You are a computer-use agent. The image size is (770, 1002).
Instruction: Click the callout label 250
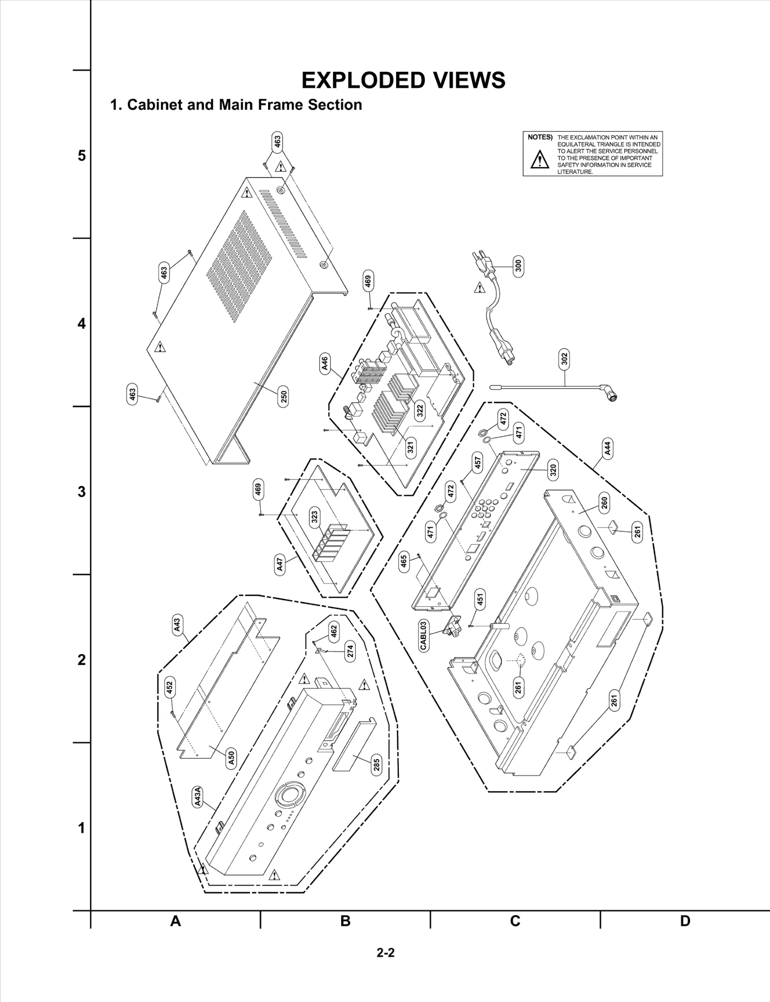[284, 397]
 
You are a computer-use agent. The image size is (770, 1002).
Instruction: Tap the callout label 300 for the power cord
[518, 265]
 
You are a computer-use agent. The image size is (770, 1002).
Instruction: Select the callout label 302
[565, 359]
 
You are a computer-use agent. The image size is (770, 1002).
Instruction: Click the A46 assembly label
[325, 363]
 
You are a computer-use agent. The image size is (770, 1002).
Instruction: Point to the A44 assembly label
[608, 448]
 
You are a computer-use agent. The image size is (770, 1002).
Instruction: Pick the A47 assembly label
[280, 564]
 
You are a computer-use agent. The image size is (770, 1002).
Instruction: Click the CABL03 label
[423, 635]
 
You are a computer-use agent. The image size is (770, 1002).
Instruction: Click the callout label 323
[314, 517]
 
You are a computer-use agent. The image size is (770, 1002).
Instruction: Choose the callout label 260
[604, 502]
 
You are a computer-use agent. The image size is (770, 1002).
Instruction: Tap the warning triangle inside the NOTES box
[539, 160]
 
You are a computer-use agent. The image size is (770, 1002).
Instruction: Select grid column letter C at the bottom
[515, 921]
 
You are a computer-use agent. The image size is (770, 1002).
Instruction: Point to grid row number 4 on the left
[82, 324]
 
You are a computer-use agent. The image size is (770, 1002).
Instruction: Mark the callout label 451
[480, 599]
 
